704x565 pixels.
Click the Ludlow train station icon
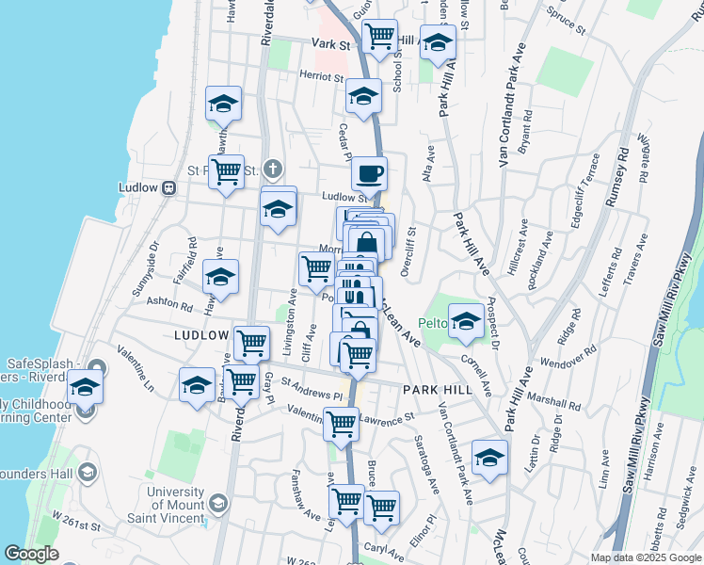click(x=170, y=187)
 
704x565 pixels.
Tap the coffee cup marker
click(x=369, y=174)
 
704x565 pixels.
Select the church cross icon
click(x=273, y=169)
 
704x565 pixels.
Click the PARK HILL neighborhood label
click(x=434, y=389)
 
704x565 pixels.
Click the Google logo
click(x=32, y=554)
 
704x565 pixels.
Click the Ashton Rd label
click(x=169, y=305)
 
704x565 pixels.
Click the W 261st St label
click(x=75, y=520)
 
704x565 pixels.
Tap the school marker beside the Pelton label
click(x=465, y=322)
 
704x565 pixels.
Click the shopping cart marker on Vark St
click(x=379, y=38)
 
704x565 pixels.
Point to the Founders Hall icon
click(x=87, y=471)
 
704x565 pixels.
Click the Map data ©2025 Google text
click(x=645, y=557)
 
